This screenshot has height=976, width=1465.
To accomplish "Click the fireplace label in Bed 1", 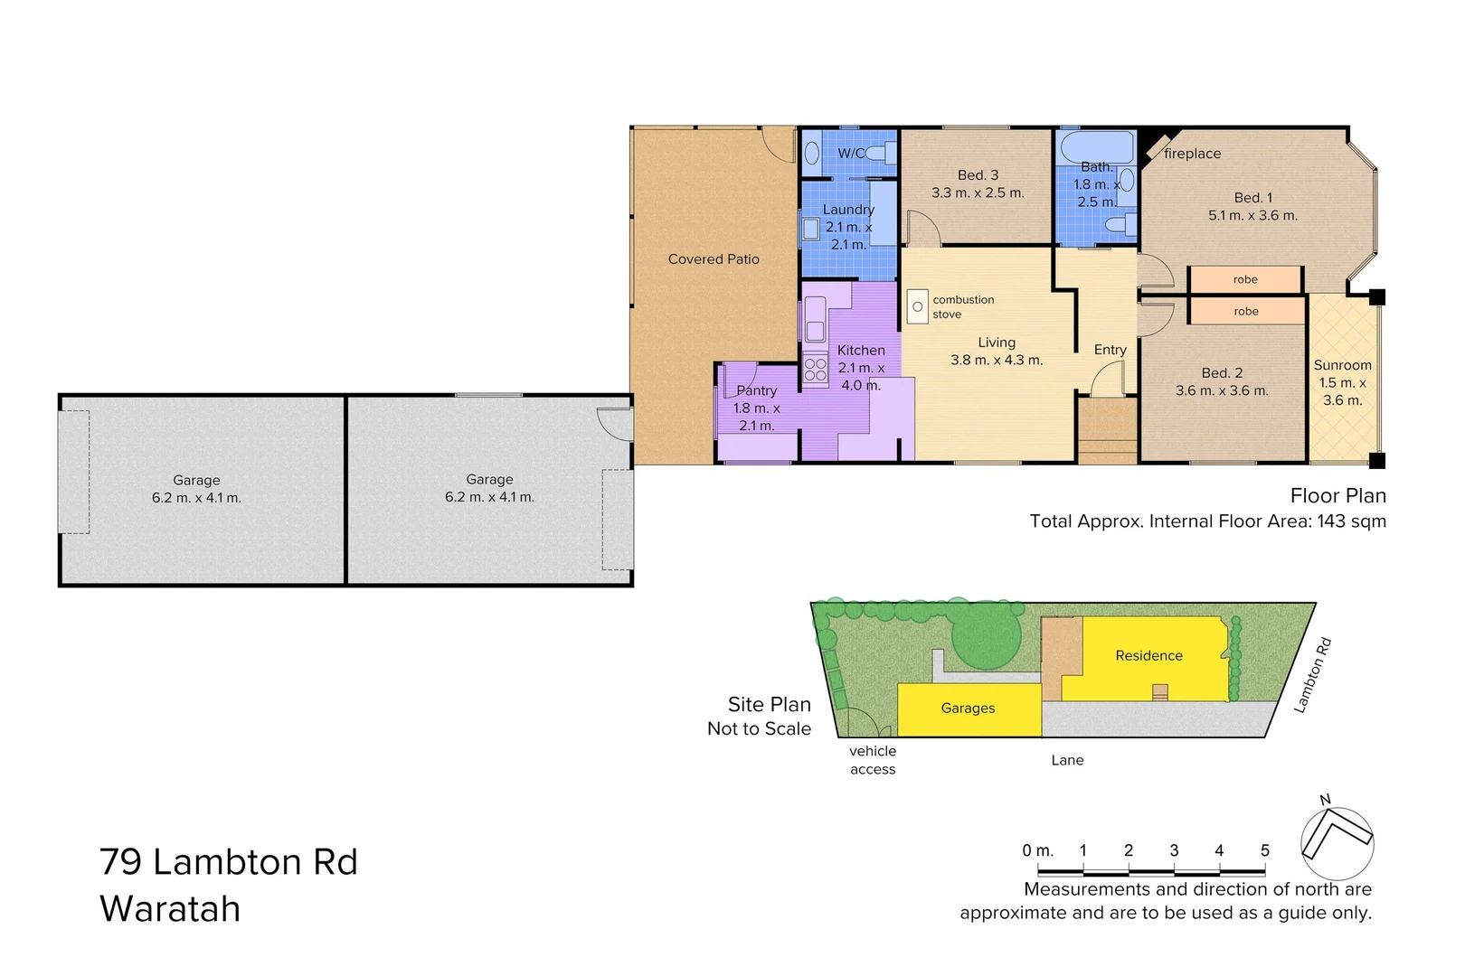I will point(1192,154).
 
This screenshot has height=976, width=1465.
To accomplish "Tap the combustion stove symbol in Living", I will point(917,307).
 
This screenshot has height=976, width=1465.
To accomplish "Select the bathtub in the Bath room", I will point(1096,146).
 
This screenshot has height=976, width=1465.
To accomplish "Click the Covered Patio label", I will point(714,259).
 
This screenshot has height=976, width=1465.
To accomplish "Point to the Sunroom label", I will point(1342,365).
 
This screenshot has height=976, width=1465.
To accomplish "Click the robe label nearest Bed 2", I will point(1245,311).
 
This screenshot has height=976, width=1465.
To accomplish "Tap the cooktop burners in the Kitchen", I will point(815,370).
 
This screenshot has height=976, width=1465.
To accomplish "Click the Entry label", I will point(1110,350).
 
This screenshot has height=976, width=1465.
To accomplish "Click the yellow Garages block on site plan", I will point(969,709).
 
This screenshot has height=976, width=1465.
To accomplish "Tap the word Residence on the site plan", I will point(1148,656).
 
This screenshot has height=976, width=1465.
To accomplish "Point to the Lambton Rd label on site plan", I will point(1313,675).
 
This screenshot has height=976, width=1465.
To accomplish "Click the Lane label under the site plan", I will point(1067,760).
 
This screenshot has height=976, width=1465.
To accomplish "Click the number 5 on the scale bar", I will point(1264,850).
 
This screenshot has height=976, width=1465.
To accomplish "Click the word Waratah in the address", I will point(170,909).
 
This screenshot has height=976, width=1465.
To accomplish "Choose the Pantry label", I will point(756,390).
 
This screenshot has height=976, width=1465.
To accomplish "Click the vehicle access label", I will point(873,760).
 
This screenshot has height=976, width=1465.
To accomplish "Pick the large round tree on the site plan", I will point(986,635).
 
